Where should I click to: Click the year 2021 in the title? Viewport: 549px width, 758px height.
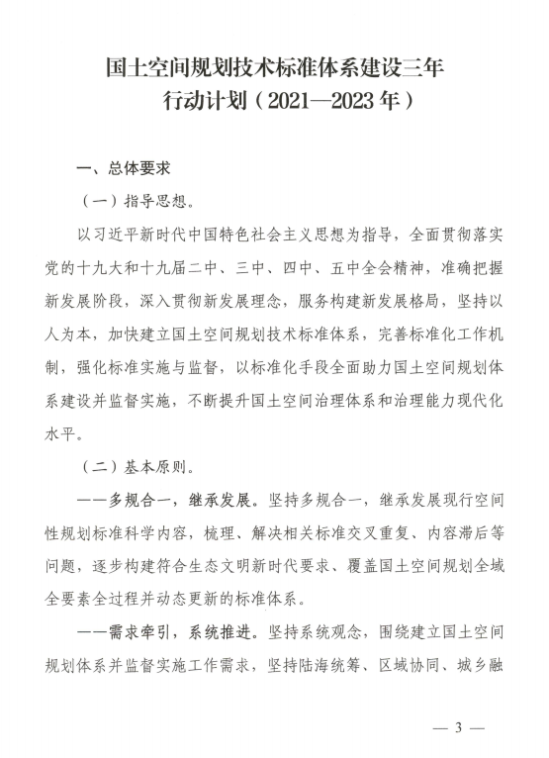click(x=289, y=101)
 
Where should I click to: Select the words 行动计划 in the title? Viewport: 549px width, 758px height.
click(x=203, y=101)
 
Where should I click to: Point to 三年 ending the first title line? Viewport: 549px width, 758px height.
click(x=423, y=68)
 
